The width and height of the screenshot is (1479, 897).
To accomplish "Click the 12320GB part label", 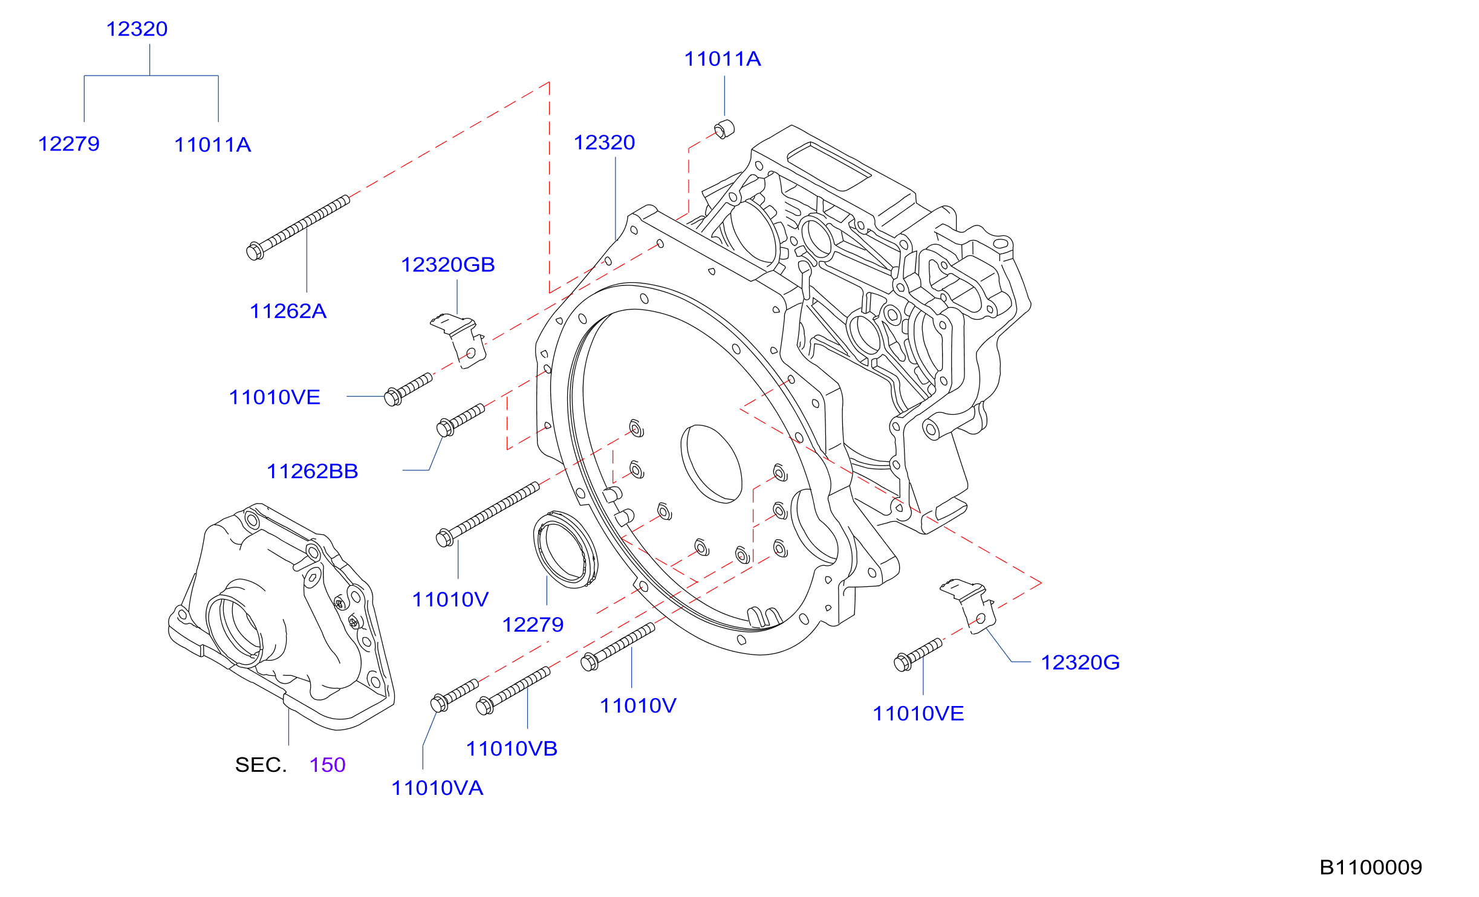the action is [x=448, y=265].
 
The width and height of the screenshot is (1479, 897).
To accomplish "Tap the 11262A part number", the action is [x=288, y=311].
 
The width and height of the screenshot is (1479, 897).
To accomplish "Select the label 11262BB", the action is [x=313, y=471].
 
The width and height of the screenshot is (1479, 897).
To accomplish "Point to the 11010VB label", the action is [x=512, y=749].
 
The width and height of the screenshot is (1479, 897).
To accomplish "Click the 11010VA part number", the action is [x=437, y=788].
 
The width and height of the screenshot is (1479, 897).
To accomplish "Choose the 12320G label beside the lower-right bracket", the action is [x=1080, y=662].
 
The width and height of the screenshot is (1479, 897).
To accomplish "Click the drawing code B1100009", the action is [x=1370, y=867].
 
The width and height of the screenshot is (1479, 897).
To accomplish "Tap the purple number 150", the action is [x=327, y=765].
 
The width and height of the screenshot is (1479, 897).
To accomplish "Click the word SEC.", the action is [x=261, y=765].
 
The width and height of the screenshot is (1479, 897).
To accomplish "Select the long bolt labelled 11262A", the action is [x=298, y=227].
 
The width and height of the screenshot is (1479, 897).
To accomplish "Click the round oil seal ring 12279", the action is [x=565, y=549].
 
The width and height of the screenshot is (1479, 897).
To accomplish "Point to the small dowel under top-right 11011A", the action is [x=724, y=129].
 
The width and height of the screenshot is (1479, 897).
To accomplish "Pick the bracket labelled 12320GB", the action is [x=460, y=340].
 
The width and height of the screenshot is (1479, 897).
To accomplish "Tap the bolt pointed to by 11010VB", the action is [x=513, y=690].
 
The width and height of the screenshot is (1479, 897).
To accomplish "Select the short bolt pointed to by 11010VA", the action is [x=455, y=695].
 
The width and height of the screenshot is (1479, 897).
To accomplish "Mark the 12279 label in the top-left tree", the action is [x=69, y=144].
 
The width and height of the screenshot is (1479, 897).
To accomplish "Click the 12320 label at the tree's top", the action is [x=137, y=29].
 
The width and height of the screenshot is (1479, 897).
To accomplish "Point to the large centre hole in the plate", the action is [x=711, y=464].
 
